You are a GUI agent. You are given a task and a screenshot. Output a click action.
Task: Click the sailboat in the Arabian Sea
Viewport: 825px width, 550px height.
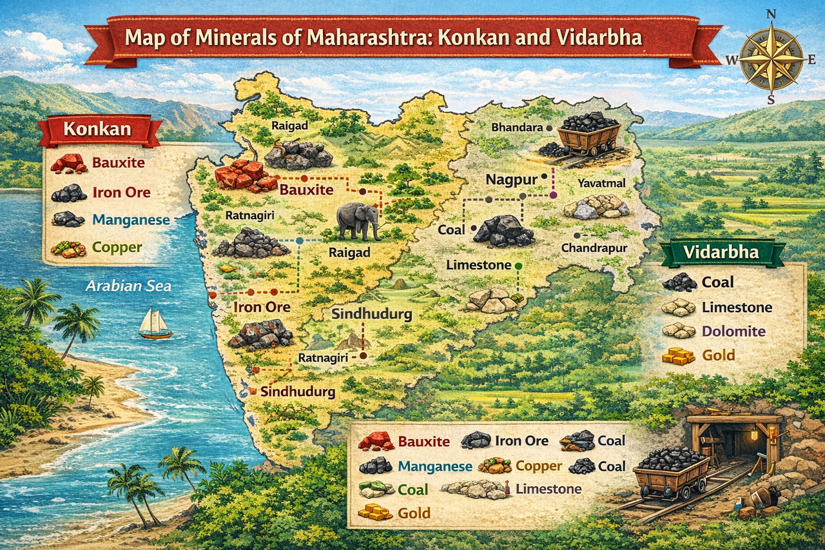pos(155,324)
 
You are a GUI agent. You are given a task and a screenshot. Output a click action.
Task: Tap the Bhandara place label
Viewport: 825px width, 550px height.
pos(517,128)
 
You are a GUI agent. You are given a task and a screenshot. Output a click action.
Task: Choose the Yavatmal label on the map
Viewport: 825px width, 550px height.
pos(601,183)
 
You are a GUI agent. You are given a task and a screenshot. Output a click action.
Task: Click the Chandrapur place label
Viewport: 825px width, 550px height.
pos(594,248)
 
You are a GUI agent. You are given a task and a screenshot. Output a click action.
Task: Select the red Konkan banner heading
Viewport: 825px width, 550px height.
pos(97,130)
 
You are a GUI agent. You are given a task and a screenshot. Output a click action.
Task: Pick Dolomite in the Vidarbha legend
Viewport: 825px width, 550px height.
pos(733,331)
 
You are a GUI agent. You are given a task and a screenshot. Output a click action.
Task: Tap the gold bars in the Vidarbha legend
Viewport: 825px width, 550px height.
pos(679,355)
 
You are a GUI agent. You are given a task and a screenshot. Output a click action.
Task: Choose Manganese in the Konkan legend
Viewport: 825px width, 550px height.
pos(131,220)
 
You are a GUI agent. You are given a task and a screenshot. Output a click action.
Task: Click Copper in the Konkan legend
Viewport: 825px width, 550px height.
pos(117,246)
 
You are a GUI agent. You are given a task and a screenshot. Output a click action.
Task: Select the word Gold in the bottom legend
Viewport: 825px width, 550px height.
pos(414,513)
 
